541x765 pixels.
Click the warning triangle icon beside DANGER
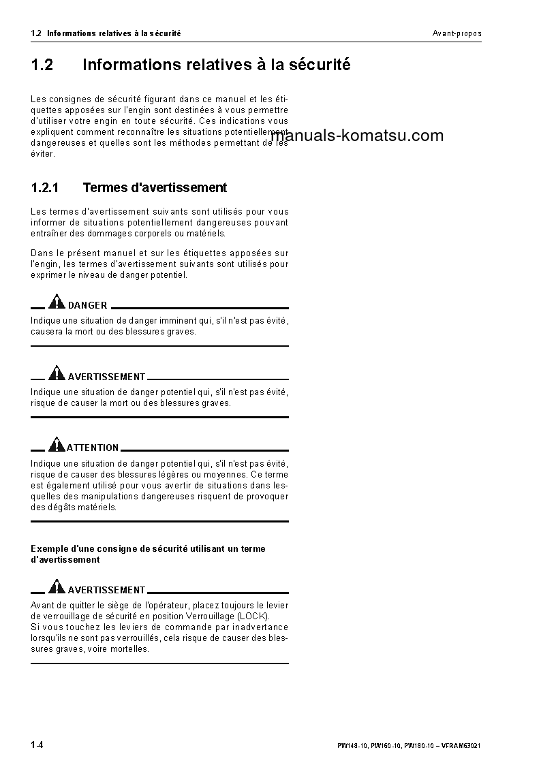coord(57,302)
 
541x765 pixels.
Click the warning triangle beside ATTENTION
coord(57,444)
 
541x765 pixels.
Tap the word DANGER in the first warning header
coord(87,306)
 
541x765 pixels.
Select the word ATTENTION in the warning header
coord(93,448)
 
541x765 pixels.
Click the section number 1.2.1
coord(46,187)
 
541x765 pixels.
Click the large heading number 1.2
coord(42,65)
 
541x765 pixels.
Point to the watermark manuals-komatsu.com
coord(357,136)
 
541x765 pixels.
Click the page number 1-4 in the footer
coord(37,745)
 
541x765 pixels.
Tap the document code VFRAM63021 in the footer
coord(463,746)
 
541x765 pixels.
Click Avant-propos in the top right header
coord(457,33)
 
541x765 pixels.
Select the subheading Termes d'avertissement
coord(155,187)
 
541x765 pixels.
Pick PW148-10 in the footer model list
coord(352,746)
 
